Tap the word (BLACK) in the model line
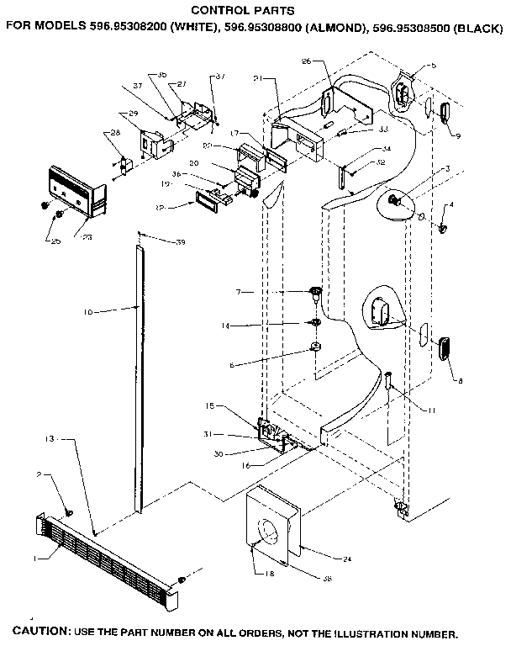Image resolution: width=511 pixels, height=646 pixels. [480, 26]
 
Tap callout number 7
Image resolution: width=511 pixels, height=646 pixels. [239, 291]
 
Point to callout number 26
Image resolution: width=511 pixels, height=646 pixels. [306, 61]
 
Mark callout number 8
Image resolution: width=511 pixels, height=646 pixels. [460, 381]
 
